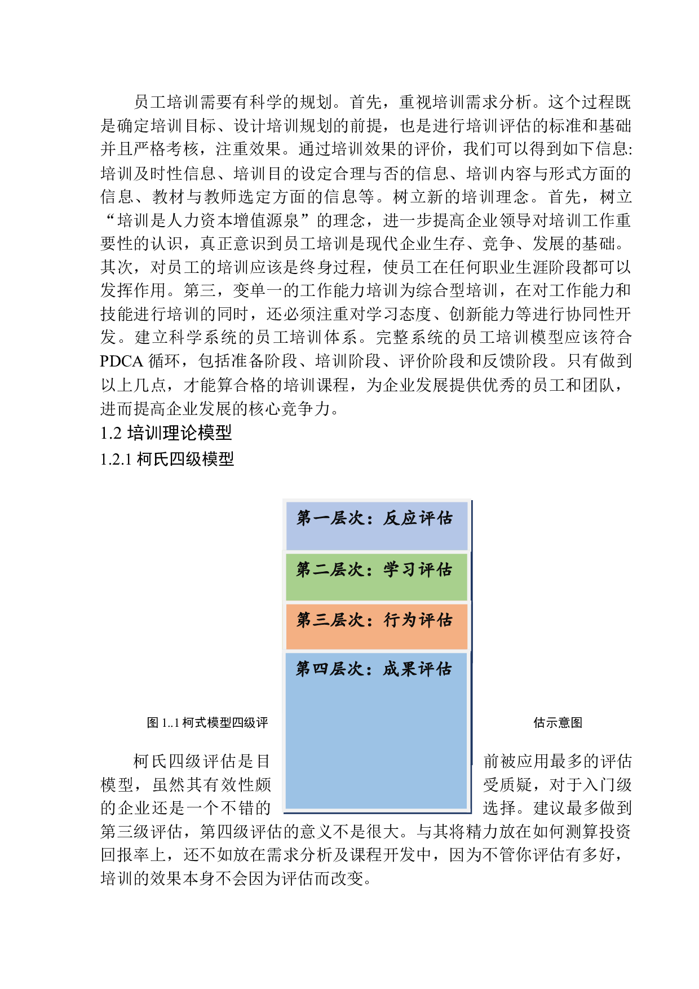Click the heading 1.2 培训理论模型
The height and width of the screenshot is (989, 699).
(166, 433)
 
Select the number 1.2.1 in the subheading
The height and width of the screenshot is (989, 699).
(116, 459)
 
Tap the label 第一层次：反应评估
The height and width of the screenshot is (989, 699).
(375, 518)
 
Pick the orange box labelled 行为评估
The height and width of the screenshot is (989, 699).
(377, 626)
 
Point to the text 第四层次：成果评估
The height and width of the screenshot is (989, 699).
(374, 669)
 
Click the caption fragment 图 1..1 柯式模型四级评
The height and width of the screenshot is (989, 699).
(207, 723)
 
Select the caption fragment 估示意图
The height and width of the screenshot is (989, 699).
(558, 723)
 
